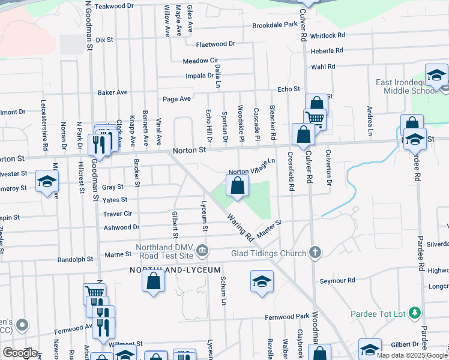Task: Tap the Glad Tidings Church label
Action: tap(268, 253)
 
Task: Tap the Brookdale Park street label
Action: tap(274, 25)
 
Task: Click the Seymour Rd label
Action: tap(337, 280)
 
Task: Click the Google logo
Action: tap(19, 353)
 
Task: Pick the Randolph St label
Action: tap(75, 260)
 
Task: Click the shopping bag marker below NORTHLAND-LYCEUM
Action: tap(154, 281)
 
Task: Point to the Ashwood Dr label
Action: tap(121, 227)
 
